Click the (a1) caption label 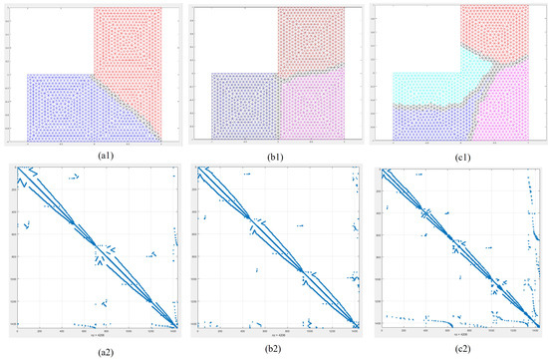(x=90, y=156)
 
